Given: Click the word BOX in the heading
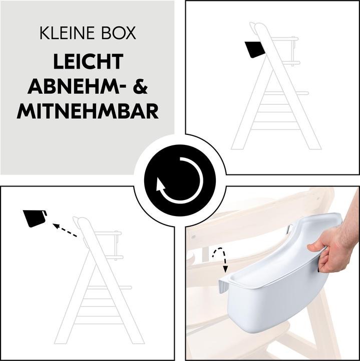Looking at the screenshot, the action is (x=119, y=33).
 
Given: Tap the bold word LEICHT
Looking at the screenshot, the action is (x=89, y=62).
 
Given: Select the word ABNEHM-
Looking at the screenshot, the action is (x=75, y=86).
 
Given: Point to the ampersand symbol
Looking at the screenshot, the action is (x=140, y=86).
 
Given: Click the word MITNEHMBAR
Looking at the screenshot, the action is (x=88, y=111).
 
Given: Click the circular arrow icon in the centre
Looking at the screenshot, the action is (x=180, y=180).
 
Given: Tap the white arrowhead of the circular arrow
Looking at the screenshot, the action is (x=160, y=185).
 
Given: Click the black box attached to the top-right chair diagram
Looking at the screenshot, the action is (x=255, y=49).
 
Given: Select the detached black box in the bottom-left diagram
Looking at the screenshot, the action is (x=35, y=219).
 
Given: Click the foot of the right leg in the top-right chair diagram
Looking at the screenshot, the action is (x=315, y=147).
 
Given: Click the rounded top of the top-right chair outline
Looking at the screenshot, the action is (x=260, y=26).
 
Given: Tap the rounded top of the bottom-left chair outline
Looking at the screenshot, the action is (x=83, y=220).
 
